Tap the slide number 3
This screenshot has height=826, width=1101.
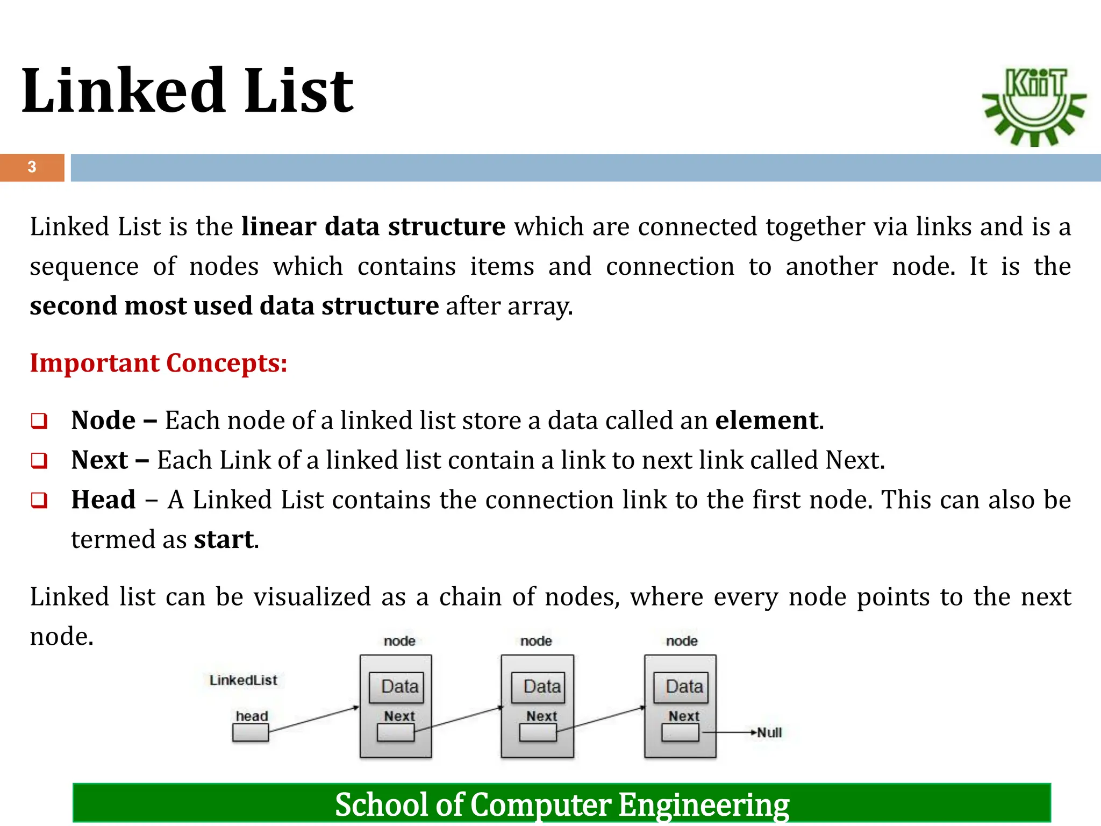(32, 167)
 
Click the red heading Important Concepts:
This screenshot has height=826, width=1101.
(159, 363)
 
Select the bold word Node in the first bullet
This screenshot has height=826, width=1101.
(103, 420)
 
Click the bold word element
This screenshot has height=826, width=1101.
(767, 420)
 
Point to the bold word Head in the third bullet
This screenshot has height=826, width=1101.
(103, 500)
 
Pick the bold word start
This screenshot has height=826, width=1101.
(224, 539)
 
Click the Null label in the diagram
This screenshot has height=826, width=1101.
(769, 733)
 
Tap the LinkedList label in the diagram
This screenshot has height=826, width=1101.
(243, 680)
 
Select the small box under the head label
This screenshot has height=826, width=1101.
(251, 733)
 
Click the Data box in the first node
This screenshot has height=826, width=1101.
(397, 687)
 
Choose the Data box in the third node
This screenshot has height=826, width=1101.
(681, 687)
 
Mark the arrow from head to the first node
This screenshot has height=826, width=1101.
(313, 720)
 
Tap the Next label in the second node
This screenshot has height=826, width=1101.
(541, 716)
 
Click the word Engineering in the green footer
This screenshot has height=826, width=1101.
(704, 804)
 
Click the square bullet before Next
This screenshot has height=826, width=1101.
(39, 461)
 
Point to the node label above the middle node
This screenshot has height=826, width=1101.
(536, 641)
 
